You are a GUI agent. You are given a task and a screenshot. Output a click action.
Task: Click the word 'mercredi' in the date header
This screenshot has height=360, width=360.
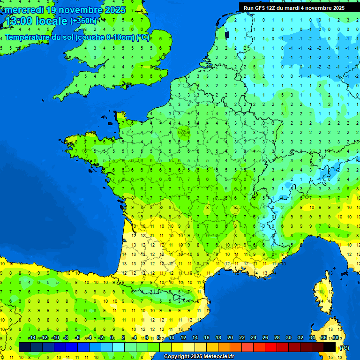pyautogui.click(x=22, y=10)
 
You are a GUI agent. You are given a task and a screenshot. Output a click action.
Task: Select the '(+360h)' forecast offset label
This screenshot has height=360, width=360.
pyautogui.click(x=83, y=21)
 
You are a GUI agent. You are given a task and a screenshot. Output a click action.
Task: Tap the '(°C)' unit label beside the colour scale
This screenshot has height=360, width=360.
pyautogui.click(x=344, y=348)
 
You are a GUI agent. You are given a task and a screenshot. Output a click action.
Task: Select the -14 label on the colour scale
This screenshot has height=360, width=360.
pyautogui.click(x=32, y=338)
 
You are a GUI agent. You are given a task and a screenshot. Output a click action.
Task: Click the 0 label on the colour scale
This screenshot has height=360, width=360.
pyautogui.click(x=112, y=338)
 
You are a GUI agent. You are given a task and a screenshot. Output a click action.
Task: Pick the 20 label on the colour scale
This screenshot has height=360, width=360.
pyautogui.click(x=230, y=338)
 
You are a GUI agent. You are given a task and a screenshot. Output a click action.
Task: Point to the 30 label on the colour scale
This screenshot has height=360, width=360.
pyautogui.click(x=288, y=338)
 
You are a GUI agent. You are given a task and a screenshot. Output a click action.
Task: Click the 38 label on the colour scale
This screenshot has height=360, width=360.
pyautogui.click(x=335, y=338)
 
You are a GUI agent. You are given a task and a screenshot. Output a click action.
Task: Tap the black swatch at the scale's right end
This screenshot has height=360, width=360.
pyautogui.click(x=330, y=347)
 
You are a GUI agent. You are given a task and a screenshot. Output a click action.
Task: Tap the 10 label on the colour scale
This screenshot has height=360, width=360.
pyautogui.click(x=171, y=338)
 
